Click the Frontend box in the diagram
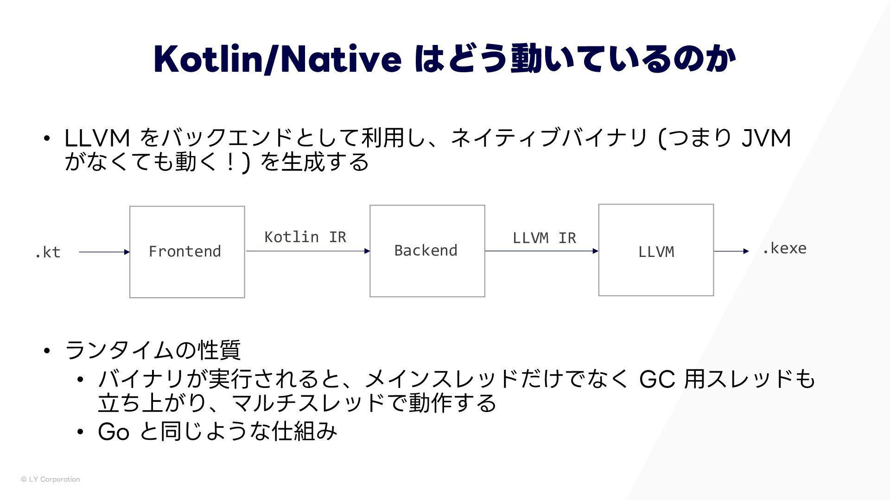(x=187, y=251)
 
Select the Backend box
(x=427, y=250)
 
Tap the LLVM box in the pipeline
(x=656, y=250)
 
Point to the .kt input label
(x=48, y=252)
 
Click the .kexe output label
(x=784, y=249)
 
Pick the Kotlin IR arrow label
(x=305, y=237)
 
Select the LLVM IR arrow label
(x=544, y=238)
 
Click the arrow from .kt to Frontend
(x=104, y=252)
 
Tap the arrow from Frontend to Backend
(x=308, y=251)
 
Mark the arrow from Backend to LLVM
(x=541, y=251)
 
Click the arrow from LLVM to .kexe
(x=731, y=251)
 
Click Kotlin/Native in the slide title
(x=277, y=59)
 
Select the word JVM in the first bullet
(x=766, y=138)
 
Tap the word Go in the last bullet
(x=114, y=431)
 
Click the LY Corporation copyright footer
(x=51, y=479)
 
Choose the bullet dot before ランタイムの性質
(x=47, y=350)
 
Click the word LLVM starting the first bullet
(x=97, y=138)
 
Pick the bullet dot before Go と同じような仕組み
(x=80, y=432)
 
